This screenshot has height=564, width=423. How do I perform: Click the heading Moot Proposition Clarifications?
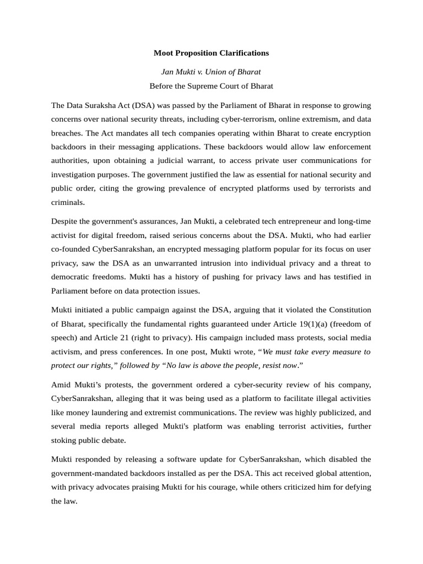tap(211, 53)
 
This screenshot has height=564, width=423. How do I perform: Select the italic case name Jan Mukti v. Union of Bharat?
tap(211, 72)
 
